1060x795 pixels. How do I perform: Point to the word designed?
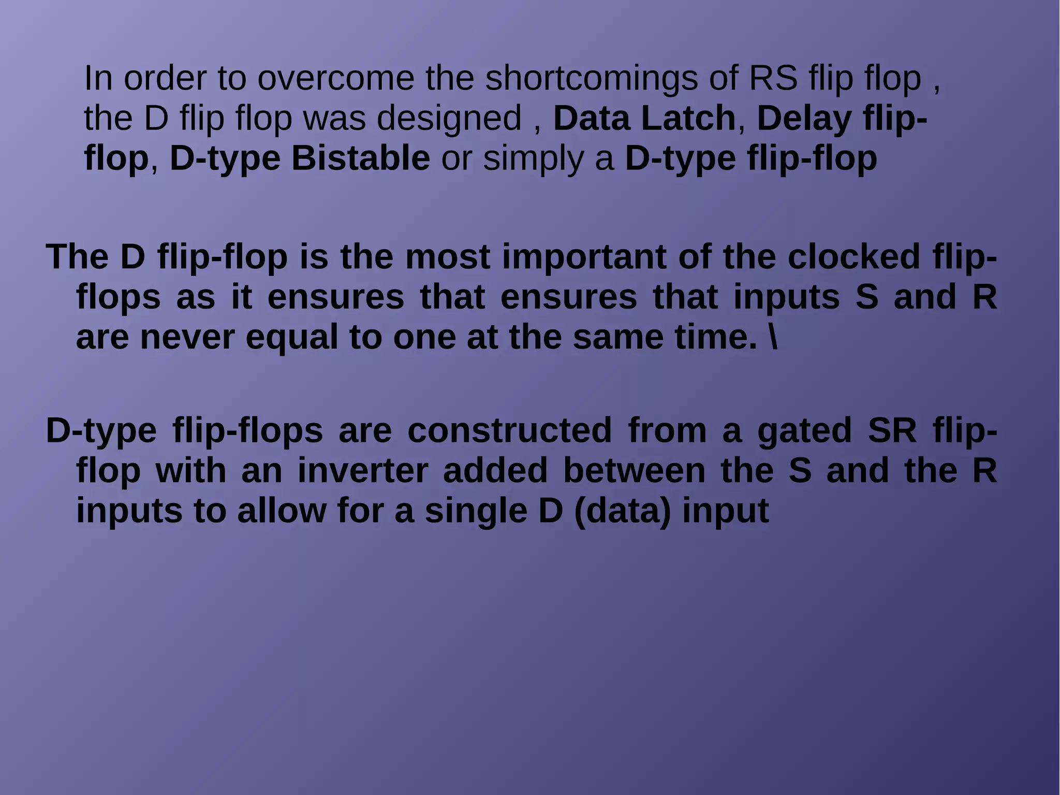point(449,119)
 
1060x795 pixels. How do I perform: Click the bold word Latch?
point(688,119)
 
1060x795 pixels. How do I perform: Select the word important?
point(584,257)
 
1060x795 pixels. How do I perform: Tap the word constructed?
point(509,431)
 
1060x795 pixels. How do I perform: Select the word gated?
point(804,431)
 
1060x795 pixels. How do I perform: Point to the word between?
point(634,471)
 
